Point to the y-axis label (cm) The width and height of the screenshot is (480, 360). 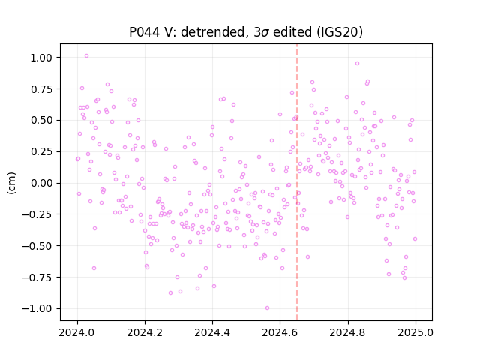point(11,183)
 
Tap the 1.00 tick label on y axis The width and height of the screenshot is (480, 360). point(41,58)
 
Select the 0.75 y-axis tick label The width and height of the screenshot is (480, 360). point(41,89)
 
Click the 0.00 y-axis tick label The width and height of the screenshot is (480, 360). point(41,183)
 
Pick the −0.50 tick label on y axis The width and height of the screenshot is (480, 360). point(37,246)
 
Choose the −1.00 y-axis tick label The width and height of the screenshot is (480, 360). point(37,308)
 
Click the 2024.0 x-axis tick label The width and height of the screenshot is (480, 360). point(77,332)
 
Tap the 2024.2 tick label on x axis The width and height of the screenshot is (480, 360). point(145,332)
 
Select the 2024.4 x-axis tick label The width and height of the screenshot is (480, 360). point(212,332)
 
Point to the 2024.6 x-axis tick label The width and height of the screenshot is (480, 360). point(280,332)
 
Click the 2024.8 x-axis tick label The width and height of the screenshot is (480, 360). point(348,332)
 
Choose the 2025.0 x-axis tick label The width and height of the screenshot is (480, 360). point(415,332)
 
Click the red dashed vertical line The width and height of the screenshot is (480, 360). point(297,182)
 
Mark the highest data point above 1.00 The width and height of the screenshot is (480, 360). point(87,56)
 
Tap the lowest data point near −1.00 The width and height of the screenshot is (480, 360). point(267,308)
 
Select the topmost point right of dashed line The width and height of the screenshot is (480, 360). point(357,63)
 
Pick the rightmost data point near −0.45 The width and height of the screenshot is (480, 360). point(415,238)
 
